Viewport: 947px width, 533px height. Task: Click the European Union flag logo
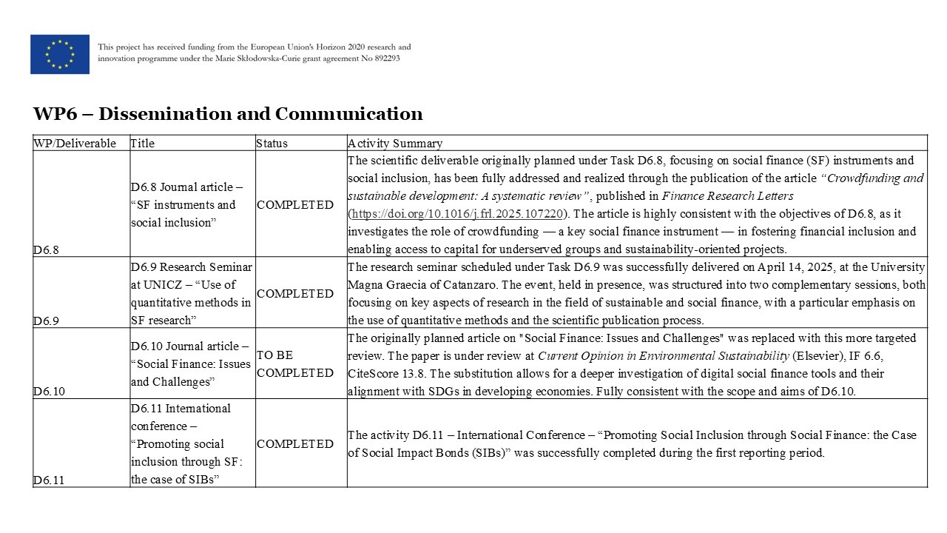pyautogui.click(x=60, y=54)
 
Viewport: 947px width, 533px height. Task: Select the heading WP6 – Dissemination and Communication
pyautogui.click(x=228, y=114)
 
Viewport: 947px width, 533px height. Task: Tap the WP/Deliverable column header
pyautogui.click(x=75, y=144)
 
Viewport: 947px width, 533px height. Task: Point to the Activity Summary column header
pyautogui.click(x=395, y=144)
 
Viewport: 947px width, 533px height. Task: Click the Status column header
pyautogui.click(x=272, y=144)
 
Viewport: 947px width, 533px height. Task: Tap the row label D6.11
pyautogui.click(x=48, y=480)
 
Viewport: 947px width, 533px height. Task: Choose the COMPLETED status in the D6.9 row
pyautogui.click(x=294, y=293)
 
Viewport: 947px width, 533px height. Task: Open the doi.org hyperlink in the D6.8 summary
pyautogui.click(x=457, y=214)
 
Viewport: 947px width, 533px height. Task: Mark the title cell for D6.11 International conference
pyautogui.click(x=192, y=443)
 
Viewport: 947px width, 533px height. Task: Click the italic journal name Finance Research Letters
pyautogui.click(x=727, y=196)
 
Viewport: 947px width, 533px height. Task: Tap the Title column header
pyautogui.click(x=143, y=144)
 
